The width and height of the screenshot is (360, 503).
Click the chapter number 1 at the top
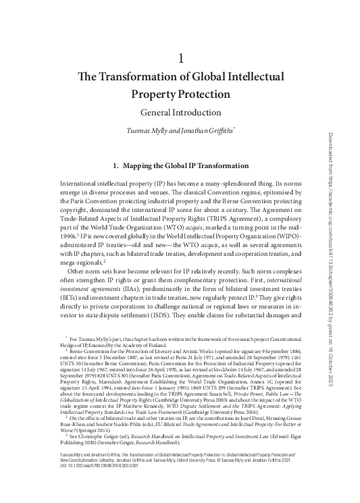(180, 59)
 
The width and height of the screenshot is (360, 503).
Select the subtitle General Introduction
(180, 112)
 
